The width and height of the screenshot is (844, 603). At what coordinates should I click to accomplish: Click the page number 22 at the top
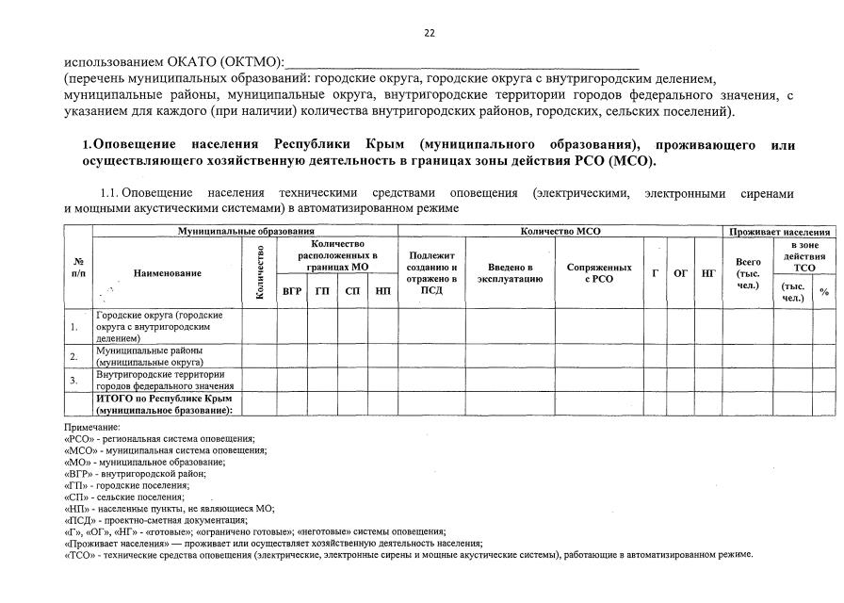[429, 33]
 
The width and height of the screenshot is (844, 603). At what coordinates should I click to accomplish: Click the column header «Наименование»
[168, 273]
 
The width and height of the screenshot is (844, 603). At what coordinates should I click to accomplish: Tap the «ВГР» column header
[292, 291]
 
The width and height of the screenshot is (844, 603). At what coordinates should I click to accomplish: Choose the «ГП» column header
[322, 291]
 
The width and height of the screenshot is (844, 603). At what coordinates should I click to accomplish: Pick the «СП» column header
[352, 291]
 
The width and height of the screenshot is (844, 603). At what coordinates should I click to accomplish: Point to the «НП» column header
[382, 291]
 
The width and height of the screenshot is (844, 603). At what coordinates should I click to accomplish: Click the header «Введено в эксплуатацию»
[510, 273]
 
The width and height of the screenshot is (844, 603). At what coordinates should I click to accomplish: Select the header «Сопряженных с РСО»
[599, 273]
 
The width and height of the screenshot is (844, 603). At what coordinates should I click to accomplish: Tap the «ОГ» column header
[680, 273]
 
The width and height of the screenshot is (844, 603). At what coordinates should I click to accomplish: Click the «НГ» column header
[708, 273]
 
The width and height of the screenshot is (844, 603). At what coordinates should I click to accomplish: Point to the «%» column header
[824, 292]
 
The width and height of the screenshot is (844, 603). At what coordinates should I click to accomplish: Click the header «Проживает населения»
[780, 231]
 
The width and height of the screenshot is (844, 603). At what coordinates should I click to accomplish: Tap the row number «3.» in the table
[73, 380]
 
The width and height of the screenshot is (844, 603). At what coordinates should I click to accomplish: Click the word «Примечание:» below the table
[91, 428]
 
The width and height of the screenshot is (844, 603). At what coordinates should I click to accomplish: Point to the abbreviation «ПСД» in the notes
[77, 519]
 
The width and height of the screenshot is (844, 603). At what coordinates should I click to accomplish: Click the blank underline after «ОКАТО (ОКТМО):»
[462, 62]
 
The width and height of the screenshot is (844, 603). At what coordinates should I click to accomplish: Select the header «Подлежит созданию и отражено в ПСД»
[431, 273]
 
